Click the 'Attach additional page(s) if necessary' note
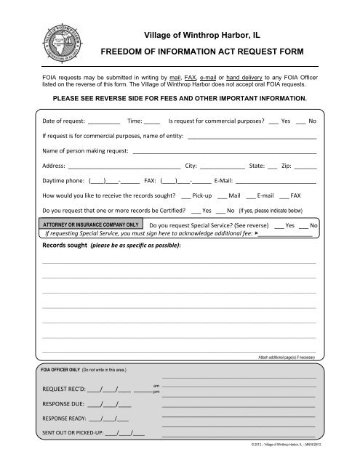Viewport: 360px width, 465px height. (287, 358)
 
